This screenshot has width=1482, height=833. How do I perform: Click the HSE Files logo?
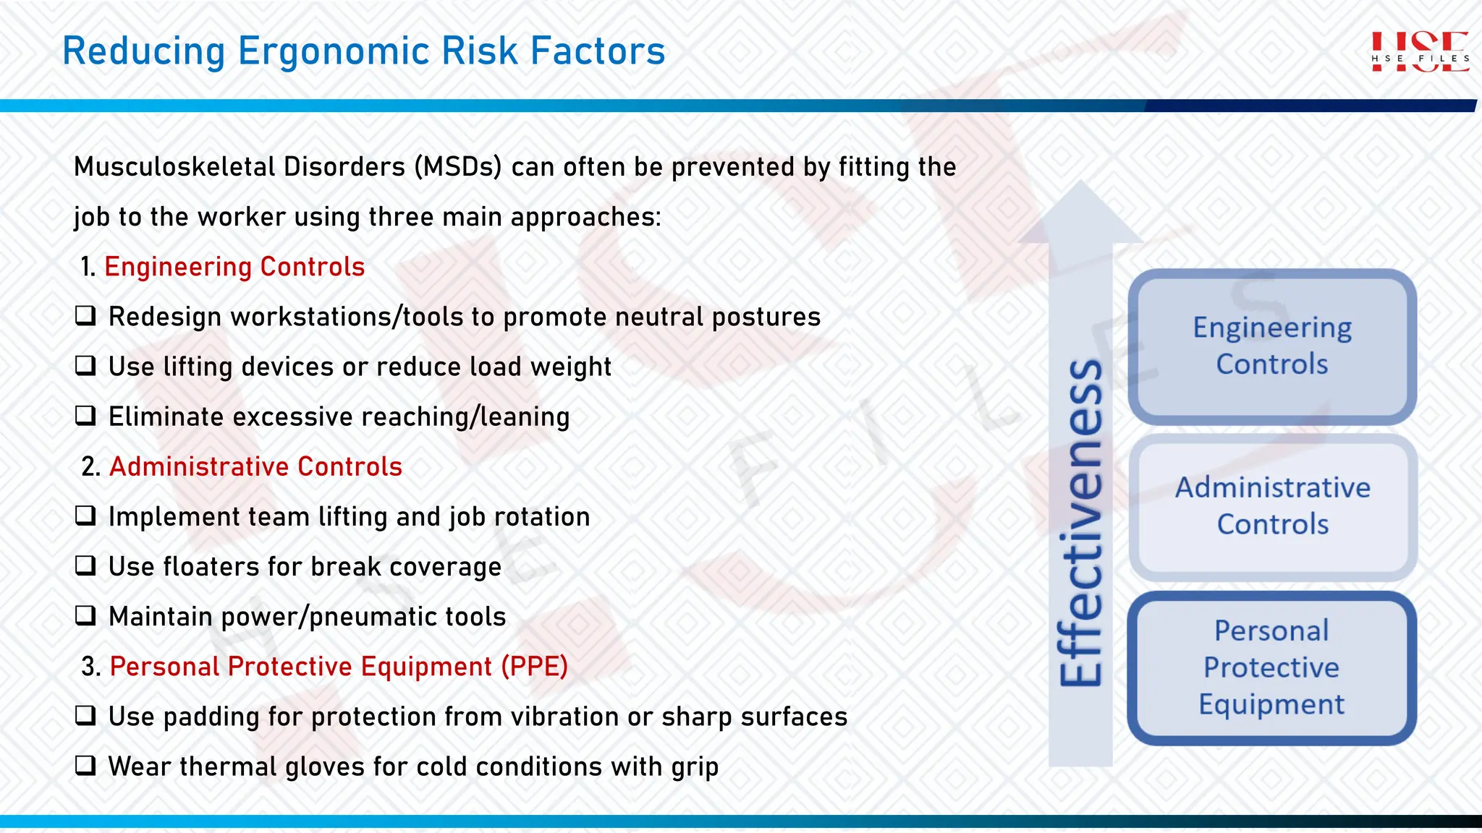(x=1420, y=52)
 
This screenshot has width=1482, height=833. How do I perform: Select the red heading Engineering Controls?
(x=234, y=267)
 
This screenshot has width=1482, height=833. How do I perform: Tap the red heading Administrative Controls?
(x=255, y=466)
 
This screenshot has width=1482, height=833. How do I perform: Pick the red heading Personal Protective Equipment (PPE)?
(x=338, y=666)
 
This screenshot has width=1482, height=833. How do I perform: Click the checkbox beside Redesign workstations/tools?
(x=85, y=316)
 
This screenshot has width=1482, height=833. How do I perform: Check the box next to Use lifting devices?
(x=85, y=366)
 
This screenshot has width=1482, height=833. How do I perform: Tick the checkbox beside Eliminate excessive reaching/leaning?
(x=85, y=416)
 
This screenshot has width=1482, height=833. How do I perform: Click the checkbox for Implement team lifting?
(x=85, y=516)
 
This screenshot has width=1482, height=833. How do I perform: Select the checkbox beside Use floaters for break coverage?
(x=85, y=565)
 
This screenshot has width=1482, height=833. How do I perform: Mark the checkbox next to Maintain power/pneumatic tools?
(x=85, y=615)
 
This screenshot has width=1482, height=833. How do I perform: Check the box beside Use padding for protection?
(x=85, y=715)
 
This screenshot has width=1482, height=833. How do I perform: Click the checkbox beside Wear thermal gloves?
(x=85, y=765)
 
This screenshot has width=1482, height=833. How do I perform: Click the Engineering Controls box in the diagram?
(x=1271, y=346)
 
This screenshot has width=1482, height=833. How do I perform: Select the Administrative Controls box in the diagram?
(x=1271, y=506)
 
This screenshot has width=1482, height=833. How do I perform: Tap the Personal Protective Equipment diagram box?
(x=1271, y=667)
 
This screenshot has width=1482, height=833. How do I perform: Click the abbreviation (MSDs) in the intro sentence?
(x=458, y=167)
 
